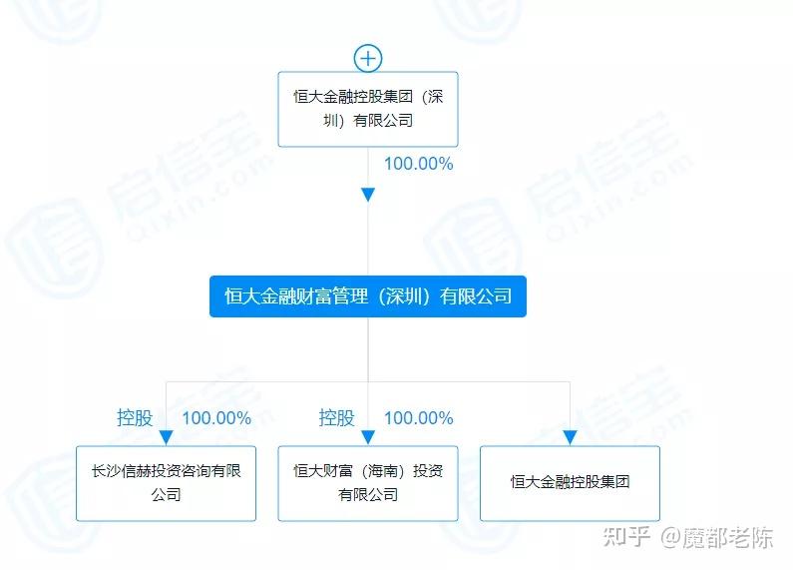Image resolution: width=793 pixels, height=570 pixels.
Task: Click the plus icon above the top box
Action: pyautogui.click(x=368, y=58)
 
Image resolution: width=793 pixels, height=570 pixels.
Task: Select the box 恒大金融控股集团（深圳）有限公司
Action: pyautogui.click(x=368, y=110)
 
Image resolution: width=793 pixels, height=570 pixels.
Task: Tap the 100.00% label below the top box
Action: pyautogui.click(x=418, y=164)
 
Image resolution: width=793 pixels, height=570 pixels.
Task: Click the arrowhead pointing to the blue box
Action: pyautogui.click(x=368, y=195)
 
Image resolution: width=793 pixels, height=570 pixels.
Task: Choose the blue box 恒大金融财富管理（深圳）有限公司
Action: pyautogui.click(x=368, y=296)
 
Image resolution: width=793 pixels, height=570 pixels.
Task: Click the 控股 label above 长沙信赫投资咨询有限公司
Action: pyautogui.click(x=135, y=418)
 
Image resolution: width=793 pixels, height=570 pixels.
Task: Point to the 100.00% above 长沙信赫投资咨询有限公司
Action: pyautogui.click(x=216, y=418)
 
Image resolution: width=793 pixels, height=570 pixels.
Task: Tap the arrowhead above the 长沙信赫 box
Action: pyautogui.click(x=166, y=437)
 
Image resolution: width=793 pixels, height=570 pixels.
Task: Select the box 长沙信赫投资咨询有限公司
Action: pyautogui.click(x=166, y=483)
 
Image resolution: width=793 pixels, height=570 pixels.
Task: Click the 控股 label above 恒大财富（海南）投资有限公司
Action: pyautogui.click(x=336, y=418)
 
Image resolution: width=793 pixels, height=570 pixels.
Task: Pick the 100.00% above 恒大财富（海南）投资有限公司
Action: pyautogui.click(x=418, y=418)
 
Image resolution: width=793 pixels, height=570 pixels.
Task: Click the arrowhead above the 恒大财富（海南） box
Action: pyautogui.click(x=368, y=437)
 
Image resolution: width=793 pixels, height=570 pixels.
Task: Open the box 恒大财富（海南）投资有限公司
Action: pyautogui.click(x=368, y=483)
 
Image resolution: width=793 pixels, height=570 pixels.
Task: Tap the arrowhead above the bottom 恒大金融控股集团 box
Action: pyautogui.click(x=570, y=437)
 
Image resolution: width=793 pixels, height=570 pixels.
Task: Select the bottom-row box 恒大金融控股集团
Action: pyautogui.click(x=570, y=483)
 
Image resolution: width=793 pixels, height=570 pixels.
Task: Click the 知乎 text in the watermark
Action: pyautogui.click(x=626, y=537)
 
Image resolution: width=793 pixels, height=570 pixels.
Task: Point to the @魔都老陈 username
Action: pyautogui.click(x=716, y=537)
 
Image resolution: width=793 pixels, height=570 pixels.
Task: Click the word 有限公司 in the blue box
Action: pyautogui.click(x=476, y=296)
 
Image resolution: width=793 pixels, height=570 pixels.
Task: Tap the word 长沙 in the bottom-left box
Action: pyautogui.click(x=106, y=471)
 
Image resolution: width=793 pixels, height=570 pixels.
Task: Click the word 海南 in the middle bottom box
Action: pyautogui.click(x=382, y=471)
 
